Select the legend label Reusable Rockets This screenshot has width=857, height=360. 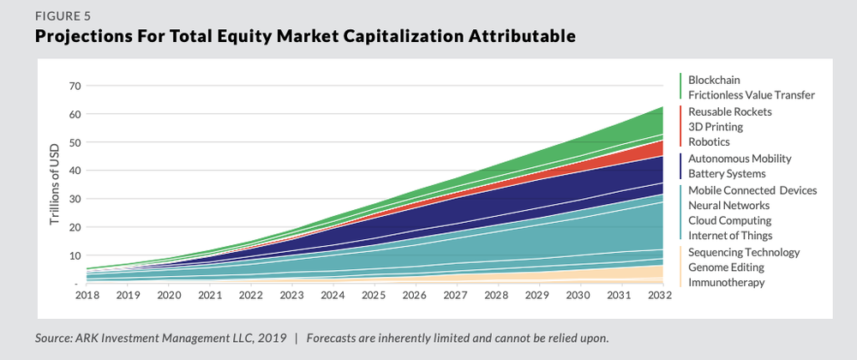(x=730, y=111)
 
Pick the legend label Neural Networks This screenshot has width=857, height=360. (x=728, y=205)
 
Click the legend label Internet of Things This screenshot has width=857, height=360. (x=730, y=236)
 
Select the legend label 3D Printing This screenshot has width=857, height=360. (x=716, y=127)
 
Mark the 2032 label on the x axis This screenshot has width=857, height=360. (x=657, y=296)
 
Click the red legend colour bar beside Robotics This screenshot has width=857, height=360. (x=680, y=127)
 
